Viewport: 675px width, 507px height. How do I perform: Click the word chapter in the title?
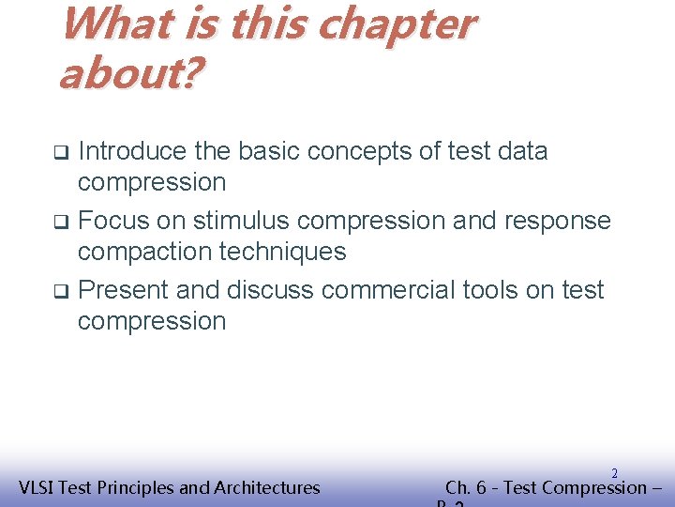[x=396, y=26]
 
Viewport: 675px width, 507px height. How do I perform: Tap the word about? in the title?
[x=128, y=73]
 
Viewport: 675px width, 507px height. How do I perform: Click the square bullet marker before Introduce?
[x=60, y=152]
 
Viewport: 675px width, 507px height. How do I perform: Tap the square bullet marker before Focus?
[x=60, y=223]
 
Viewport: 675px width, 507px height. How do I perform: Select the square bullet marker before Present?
[x=60, y=291]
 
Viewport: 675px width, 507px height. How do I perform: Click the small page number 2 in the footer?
[x=614, y=474]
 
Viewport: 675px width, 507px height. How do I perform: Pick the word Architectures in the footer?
[x=267, y=487]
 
